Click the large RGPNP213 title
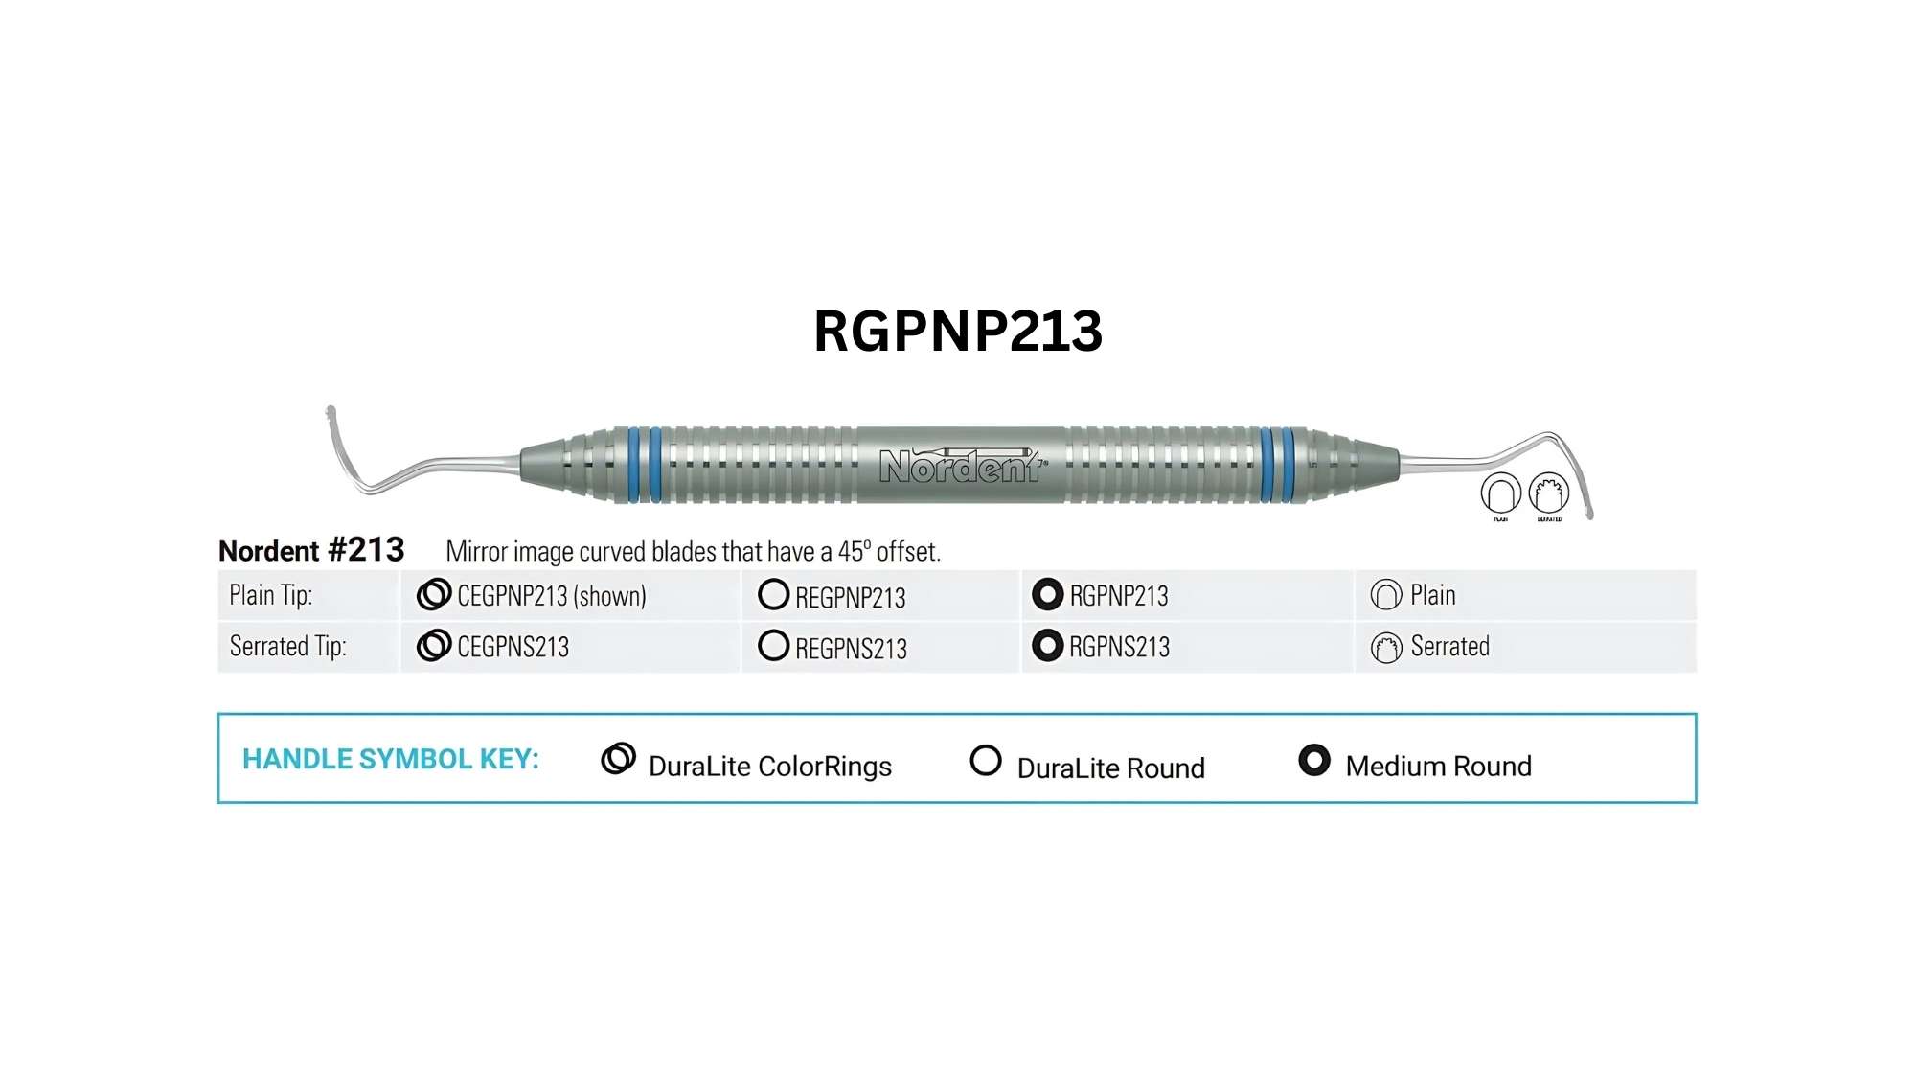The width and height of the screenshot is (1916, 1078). coord(958,332)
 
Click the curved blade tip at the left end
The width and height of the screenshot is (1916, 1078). coord(331,413)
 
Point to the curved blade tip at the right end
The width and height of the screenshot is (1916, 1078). coord(1588,513)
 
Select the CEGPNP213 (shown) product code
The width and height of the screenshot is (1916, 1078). coord(552,596)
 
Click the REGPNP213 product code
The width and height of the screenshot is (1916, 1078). coord(851,598)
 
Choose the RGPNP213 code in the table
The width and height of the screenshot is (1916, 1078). coord(1119,596)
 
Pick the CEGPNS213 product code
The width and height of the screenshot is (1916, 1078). coord(513,647)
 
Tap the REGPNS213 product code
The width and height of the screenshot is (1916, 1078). coord(852,649)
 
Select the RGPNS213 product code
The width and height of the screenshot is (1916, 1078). coord(1120,647)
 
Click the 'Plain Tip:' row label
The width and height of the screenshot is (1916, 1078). coord(271,596)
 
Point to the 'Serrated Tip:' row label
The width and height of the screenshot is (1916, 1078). coord(288,647)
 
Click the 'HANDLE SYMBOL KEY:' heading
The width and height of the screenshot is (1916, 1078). coord(391,759)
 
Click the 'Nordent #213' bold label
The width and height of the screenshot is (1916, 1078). coord(311,551)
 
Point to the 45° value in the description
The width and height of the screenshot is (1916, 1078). coord(855,551)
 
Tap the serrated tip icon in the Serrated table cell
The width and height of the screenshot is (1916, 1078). coord(1386,648)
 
